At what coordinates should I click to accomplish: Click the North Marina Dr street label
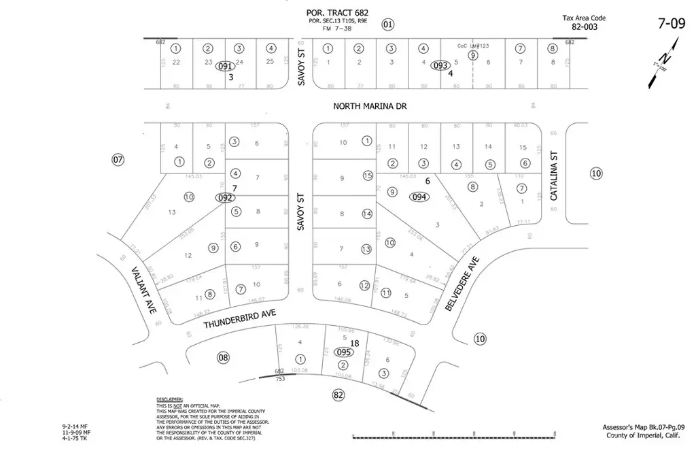(368, 105)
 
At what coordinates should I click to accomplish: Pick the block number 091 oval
(225, 67)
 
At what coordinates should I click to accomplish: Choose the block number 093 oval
(441, 65)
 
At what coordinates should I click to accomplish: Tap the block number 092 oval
(225, 198)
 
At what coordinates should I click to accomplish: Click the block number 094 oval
(419, 197)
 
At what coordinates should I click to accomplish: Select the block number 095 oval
(345, 352)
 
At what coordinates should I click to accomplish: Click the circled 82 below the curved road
(338, 395)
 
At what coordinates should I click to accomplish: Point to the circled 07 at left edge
(118, 161)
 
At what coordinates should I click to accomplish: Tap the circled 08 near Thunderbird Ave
(223, 357)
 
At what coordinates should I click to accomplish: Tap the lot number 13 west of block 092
(172, 213)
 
